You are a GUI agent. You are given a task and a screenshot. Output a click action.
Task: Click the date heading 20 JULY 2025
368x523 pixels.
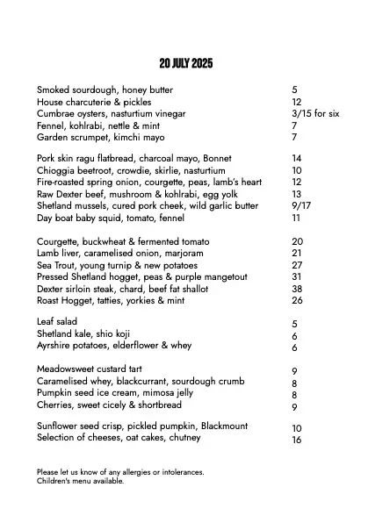coord(186,64)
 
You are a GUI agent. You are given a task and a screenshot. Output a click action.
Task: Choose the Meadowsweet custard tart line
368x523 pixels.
coord(89,369)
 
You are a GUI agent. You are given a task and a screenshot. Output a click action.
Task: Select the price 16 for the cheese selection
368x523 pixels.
coord(297,441)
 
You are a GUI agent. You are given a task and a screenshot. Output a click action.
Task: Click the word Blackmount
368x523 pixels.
coord(230,426)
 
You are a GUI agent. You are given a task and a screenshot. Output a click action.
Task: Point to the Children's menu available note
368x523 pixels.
coord(80,481)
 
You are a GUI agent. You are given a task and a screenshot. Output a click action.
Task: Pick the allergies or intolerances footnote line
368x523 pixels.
coord(120,472)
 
